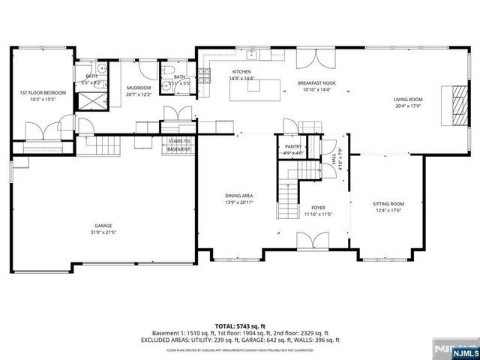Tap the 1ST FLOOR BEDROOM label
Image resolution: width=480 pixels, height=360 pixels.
43,92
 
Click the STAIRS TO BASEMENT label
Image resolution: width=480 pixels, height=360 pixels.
178,145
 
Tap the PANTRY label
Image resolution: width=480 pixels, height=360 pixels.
293,147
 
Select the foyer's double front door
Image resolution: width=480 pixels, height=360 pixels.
310,241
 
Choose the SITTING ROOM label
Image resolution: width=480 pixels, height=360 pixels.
388,204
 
